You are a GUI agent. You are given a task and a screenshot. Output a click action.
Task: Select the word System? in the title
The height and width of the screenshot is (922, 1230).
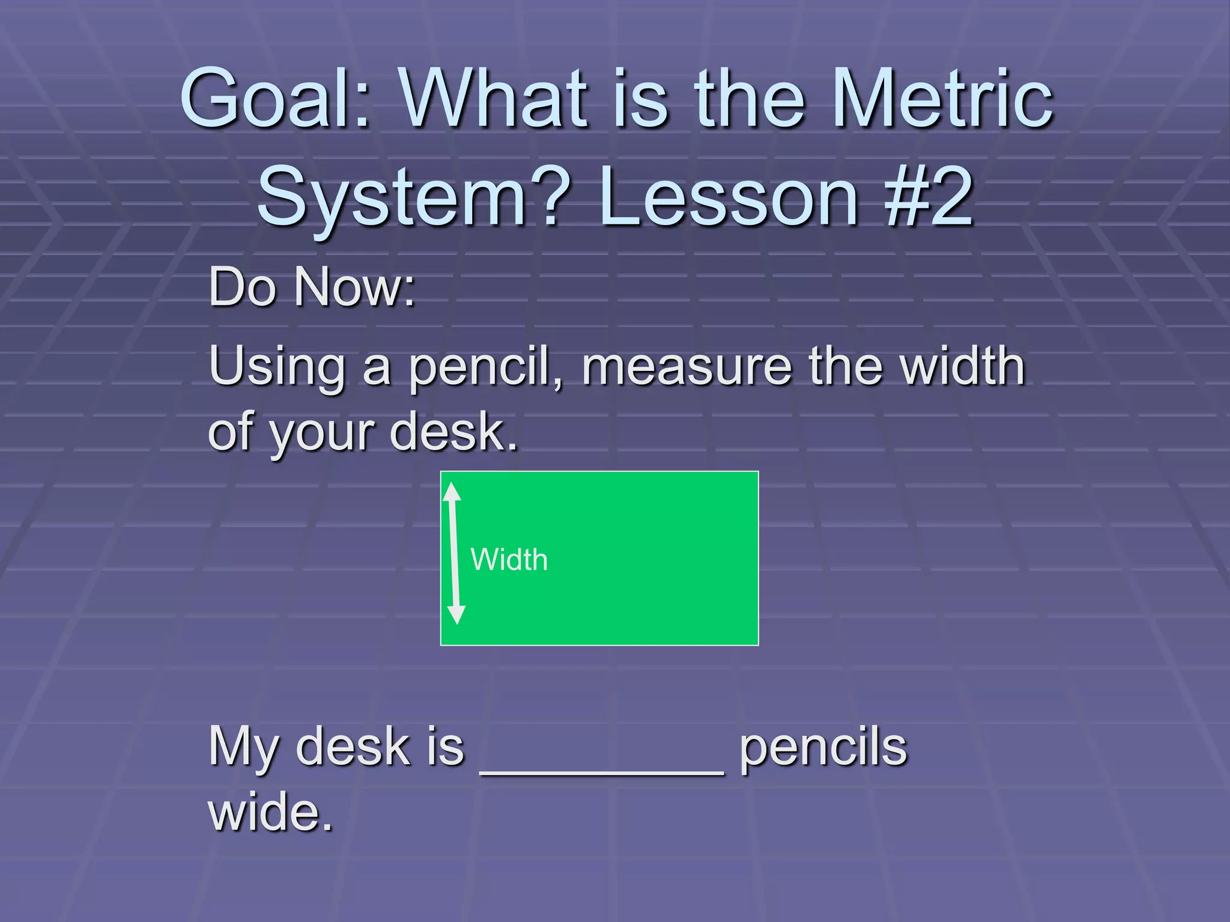click(408, 198)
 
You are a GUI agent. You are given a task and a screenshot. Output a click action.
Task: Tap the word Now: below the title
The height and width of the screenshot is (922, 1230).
click(354, 287)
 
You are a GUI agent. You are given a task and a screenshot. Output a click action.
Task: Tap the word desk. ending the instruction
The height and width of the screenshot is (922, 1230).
click(453, 431)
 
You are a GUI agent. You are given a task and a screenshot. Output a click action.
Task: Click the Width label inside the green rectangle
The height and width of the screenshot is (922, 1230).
click(509, 559)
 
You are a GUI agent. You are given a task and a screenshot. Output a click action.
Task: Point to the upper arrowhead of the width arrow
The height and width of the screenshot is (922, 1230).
click(452, 492)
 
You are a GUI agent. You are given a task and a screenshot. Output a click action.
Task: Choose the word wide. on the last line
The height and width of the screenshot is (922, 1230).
click(270, 812)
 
